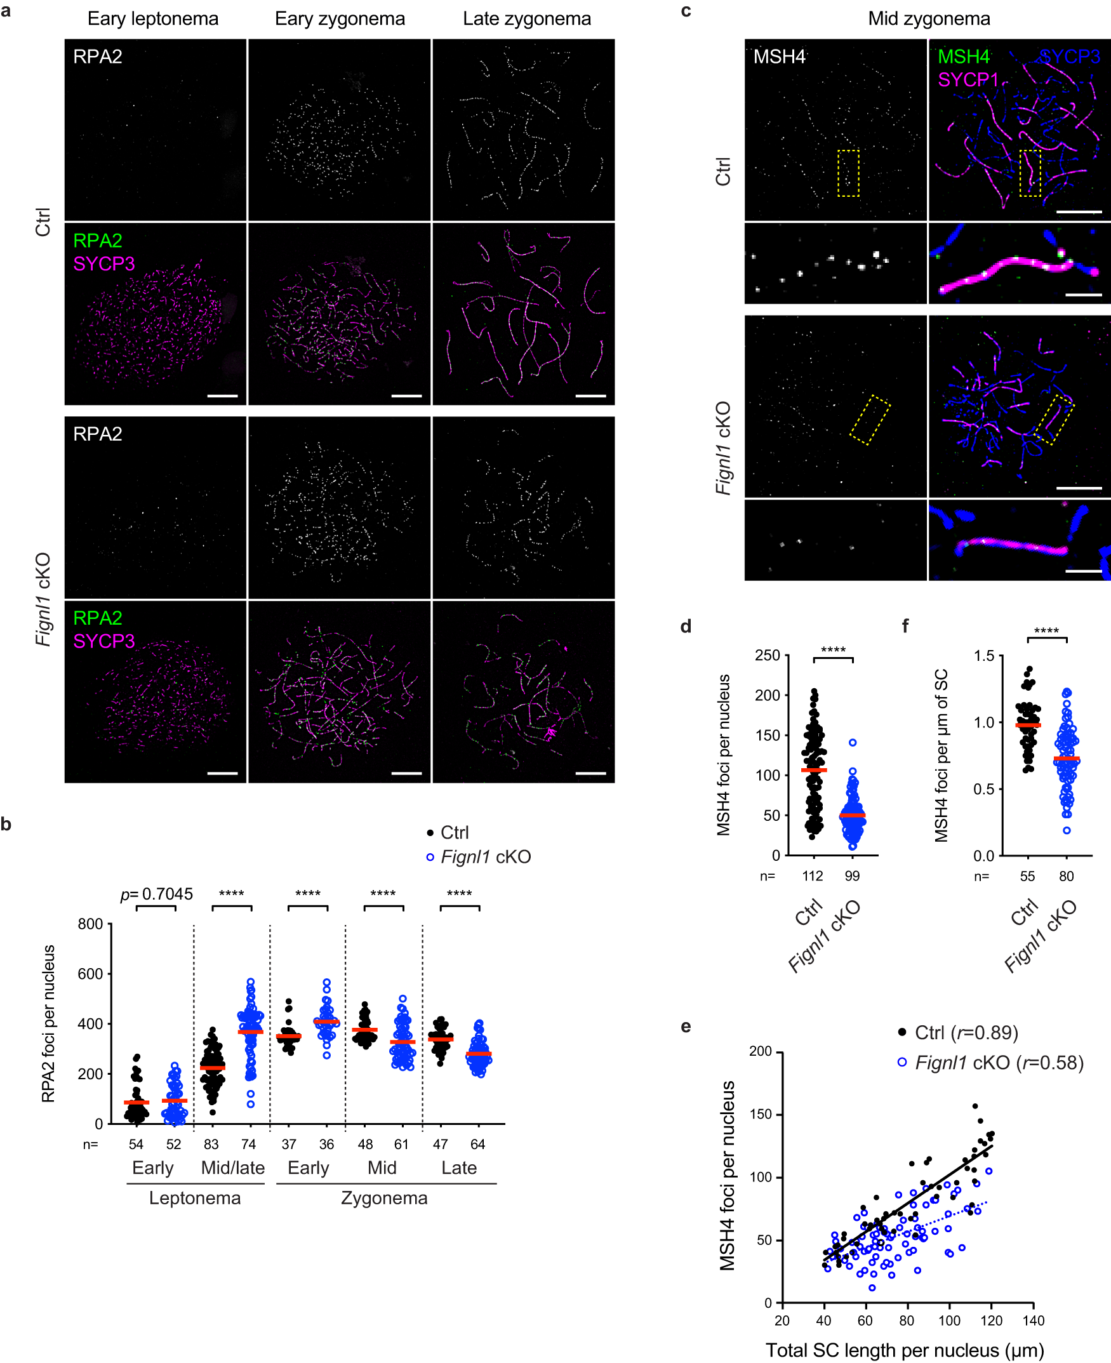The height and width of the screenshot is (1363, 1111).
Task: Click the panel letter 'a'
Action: tap(6, 11)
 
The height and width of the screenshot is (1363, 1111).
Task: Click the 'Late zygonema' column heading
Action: tap(526, 18)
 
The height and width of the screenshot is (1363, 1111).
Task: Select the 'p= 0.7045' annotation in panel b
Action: tap(157, 893)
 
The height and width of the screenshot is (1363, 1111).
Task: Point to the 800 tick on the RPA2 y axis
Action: tap(90, 924)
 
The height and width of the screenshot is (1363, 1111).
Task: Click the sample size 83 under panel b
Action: tap(211, 1144)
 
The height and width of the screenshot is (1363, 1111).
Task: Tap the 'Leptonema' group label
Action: tap(194, 1198)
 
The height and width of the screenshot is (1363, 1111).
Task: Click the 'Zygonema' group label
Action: tap(384, 1198)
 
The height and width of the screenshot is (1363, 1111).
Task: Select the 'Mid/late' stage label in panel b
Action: tap(232, 1168)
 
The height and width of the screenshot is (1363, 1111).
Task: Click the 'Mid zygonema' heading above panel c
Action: tap(929, 18)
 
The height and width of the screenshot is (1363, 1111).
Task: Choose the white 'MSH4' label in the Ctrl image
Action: tap(779, 57)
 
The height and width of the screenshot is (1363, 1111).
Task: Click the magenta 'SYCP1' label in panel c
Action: tap(968, 80)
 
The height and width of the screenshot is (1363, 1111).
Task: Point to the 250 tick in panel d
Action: tap(768, 655)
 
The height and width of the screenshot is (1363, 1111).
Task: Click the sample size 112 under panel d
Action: tap(813, 876)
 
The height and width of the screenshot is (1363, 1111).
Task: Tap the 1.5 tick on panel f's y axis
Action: tap(983, 655)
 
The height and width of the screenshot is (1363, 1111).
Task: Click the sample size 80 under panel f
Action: tap(1066, 876)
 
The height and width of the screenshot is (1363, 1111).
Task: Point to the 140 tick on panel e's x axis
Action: tap(1033, 1320)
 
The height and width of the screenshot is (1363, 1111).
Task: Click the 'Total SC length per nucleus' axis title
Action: tap(904, 1350)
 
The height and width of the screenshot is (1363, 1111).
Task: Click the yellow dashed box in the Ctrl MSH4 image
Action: tap(848, 173)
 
